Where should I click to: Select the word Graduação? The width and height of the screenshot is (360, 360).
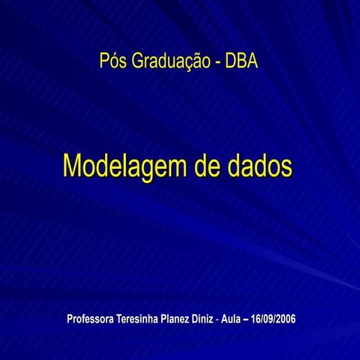pyautogui.click(x=170, y=61)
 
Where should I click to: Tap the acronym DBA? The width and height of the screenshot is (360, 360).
pyautogui.click(x=241, y=61)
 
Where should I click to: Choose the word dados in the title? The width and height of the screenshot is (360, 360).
pyautogui.click(x=259, y=166)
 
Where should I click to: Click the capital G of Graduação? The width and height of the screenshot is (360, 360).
pyautogui.click(x=138, y=61)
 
